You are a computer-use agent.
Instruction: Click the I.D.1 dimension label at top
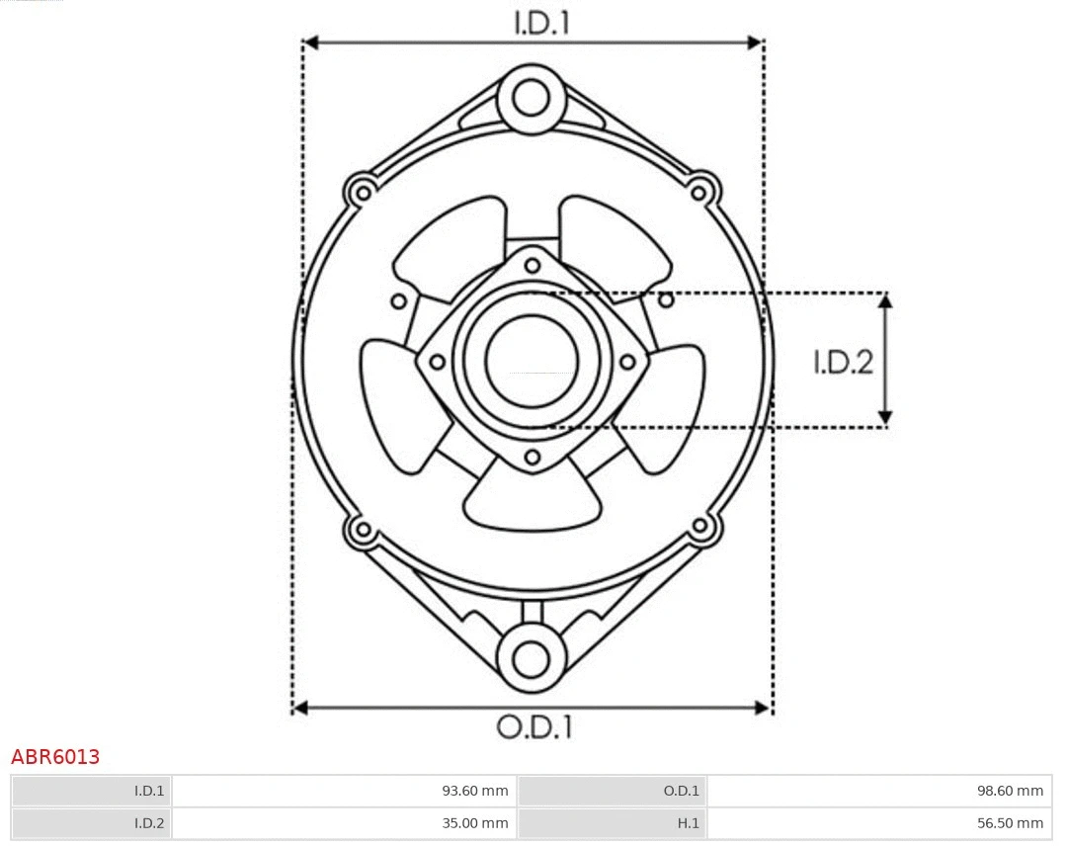pos(542,23)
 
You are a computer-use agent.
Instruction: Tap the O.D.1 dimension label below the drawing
pos(533,727)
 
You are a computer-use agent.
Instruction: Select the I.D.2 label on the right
pos(843,363)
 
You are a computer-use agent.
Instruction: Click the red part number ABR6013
pos(55,757)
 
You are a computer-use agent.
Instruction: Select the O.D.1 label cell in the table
pos(681,791)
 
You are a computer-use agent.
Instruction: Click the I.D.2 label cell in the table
pos(149,822)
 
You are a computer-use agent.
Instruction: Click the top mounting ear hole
pos(532,98)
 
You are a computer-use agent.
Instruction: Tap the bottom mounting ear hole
pos(532,658)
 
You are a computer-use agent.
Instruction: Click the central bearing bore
pos(532,361)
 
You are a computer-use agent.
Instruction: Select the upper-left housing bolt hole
pos(362,191)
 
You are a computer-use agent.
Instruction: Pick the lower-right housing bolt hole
pos(701,526)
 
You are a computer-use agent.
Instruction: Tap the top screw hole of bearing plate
pos(533,264)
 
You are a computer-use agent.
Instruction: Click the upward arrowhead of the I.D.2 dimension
pos(886,301)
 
